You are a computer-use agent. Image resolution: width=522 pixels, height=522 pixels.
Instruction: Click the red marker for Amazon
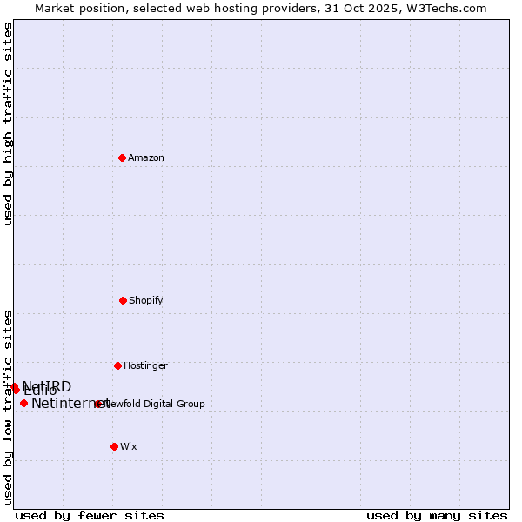click(122, 157)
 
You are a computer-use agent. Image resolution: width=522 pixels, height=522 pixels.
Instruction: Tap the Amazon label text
click(146, 157)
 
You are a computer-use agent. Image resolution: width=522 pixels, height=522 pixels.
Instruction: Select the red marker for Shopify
click(123, 300)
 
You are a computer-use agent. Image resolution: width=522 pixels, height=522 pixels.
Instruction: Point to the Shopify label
click(146, 300)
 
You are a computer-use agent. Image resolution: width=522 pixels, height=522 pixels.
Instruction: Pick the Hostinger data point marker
click(117, 365)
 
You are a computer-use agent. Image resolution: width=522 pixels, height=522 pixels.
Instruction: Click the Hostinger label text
click(145, 365)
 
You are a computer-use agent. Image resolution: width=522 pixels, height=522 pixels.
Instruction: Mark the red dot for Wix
click(114, 446)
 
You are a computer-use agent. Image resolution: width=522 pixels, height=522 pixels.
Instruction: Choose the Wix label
click(129, 446)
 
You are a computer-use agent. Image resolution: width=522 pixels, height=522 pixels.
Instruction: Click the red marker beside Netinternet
click(23, 403)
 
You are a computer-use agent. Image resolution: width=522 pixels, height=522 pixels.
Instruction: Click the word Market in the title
click(56, 8)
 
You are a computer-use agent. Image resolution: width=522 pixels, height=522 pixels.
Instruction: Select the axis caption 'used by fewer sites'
click(90, 515)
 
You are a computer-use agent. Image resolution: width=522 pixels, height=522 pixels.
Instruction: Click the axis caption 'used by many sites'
click(437, 515)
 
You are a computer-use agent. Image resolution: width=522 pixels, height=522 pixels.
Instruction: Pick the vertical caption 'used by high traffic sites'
click(8, 124)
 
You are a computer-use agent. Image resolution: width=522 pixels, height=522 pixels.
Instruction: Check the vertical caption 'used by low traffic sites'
click(8, 406)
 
